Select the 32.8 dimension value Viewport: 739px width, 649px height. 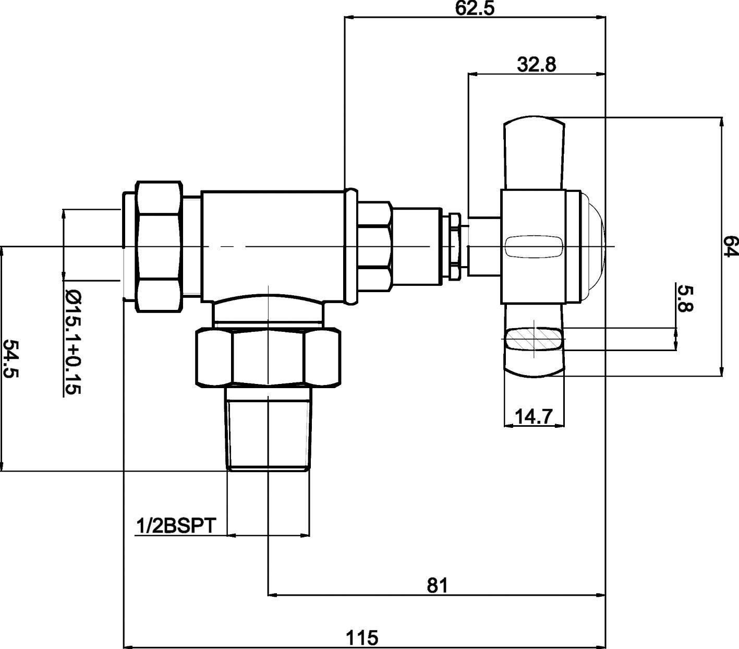coord(537,65)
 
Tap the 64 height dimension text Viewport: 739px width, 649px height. coord(731,246)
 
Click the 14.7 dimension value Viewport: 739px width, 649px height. coord(534,416)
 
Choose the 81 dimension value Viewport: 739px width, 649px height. coord(438,585)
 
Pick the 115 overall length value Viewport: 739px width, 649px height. coord(362,637)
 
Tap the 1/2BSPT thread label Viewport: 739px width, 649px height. coord(175,526)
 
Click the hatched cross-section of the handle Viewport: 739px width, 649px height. coord(535,339)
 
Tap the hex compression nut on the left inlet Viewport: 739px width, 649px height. coord(160,246)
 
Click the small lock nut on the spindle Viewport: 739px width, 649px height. coord(454,246)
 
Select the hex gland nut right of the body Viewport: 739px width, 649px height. coord(374,246)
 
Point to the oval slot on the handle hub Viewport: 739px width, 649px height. coord(534,247)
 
